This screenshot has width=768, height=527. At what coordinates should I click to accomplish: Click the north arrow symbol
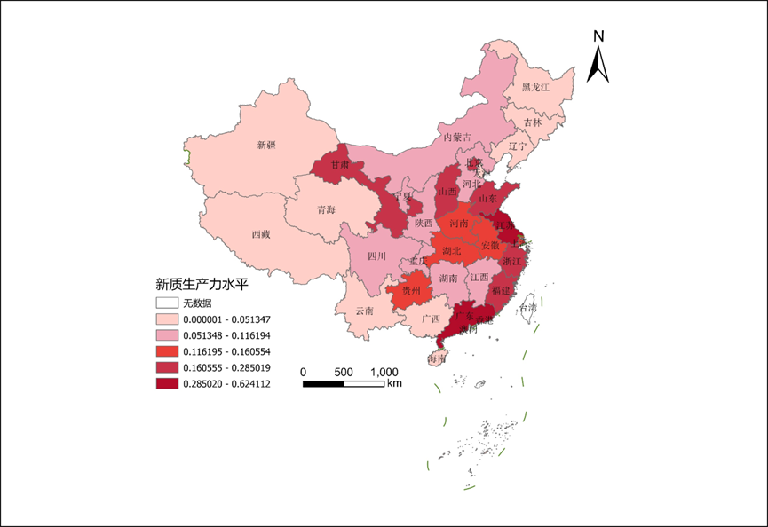point(599,58)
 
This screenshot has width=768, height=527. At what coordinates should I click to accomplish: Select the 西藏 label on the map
point(260,235)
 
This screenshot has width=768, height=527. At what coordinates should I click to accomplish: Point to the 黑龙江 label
point(536,88)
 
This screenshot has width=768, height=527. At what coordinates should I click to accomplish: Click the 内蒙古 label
point(457,138)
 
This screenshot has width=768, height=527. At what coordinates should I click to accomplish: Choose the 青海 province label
point(326,211)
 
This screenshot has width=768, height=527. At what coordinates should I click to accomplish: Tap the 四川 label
point(378,256)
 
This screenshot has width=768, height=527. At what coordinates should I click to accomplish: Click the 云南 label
point(365,311)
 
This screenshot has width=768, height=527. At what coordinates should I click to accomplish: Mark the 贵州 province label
point(411,291)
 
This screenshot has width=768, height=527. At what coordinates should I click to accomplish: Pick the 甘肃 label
point(340,165)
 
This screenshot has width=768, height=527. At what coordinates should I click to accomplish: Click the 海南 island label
point(436,359)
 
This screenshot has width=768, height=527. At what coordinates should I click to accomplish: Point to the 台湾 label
point(528,308)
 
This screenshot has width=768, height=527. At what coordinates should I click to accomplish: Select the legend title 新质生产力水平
point(201,284)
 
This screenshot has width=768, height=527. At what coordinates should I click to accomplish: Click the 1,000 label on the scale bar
point(384,371)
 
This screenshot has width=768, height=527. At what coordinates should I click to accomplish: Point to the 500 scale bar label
point(344,371)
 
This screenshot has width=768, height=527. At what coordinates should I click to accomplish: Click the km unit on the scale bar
point(394,383)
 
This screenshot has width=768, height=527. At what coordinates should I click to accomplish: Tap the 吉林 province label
point(532,122)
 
